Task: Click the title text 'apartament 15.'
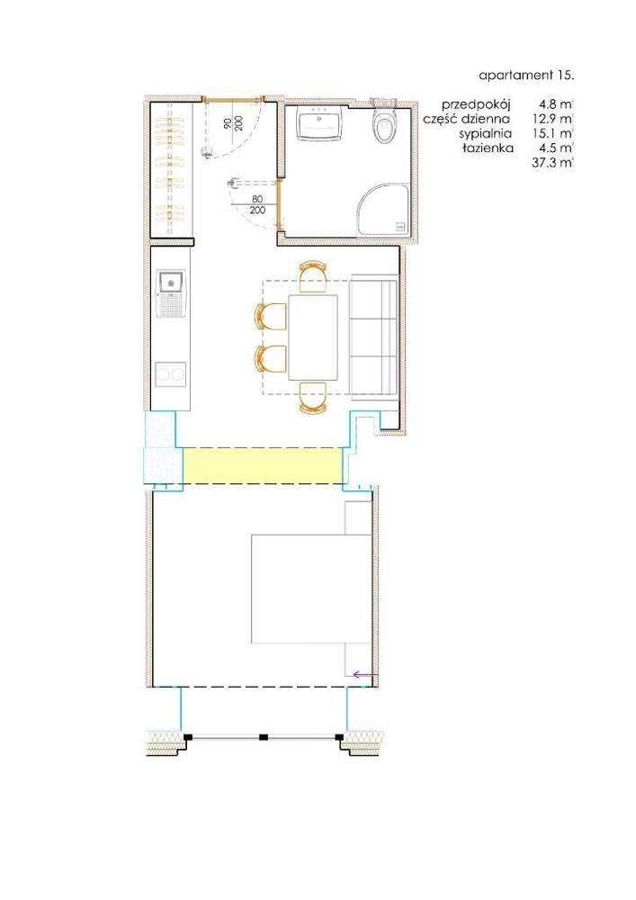526,76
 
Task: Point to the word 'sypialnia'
486,132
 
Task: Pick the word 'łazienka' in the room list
488,147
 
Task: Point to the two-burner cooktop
170,373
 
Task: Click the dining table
313,337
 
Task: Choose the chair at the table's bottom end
312,397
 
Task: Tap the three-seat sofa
373,336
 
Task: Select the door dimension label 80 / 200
258,203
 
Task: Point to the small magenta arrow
364,672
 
